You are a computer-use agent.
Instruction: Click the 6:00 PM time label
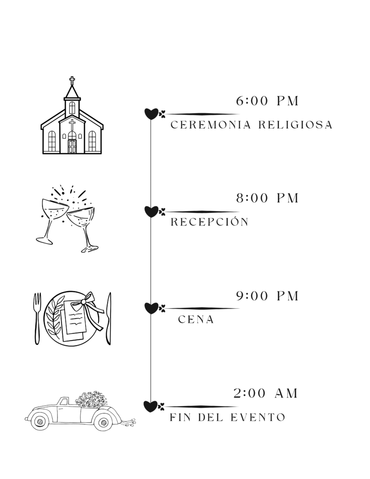pos(267,101)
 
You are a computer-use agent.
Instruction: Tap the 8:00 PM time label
pos(267,198)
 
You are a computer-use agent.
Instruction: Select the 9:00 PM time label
pos(267,296)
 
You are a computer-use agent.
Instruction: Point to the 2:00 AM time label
pos(266,394)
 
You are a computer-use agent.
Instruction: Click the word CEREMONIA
pos(208,125)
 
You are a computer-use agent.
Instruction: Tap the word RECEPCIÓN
pos(209,222)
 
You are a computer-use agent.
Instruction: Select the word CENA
pos(196,320)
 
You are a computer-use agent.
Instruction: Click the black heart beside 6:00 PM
pos(151,114)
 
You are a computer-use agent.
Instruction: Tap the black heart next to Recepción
pos(151,211)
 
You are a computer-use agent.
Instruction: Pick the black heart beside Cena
pos(151,308)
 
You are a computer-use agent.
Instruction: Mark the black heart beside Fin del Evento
pos(151,406)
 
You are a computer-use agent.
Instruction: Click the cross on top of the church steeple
pos(72,81)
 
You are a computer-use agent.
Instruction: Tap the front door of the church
pos(72,146)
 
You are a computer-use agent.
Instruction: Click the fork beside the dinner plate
pos(37,318)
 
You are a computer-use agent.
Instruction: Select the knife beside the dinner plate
pos(109,318)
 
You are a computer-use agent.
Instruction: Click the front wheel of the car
pos(40,421)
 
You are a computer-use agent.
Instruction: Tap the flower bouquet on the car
pos(91,399)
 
